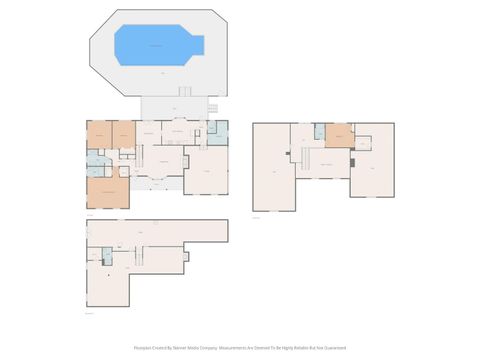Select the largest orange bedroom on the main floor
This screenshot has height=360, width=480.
tap(108, 189)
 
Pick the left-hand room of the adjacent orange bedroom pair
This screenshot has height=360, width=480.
tap(99, 135)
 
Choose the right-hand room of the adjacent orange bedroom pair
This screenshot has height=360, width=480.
tap(123, 135)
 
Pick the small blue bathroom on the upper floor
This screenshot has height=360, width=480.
tap(319, 131)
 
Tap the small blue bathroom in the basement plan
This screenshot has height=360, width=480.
tap(107, 257)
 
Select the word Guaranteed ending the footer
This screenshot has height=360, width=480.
tap(336, 348)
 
